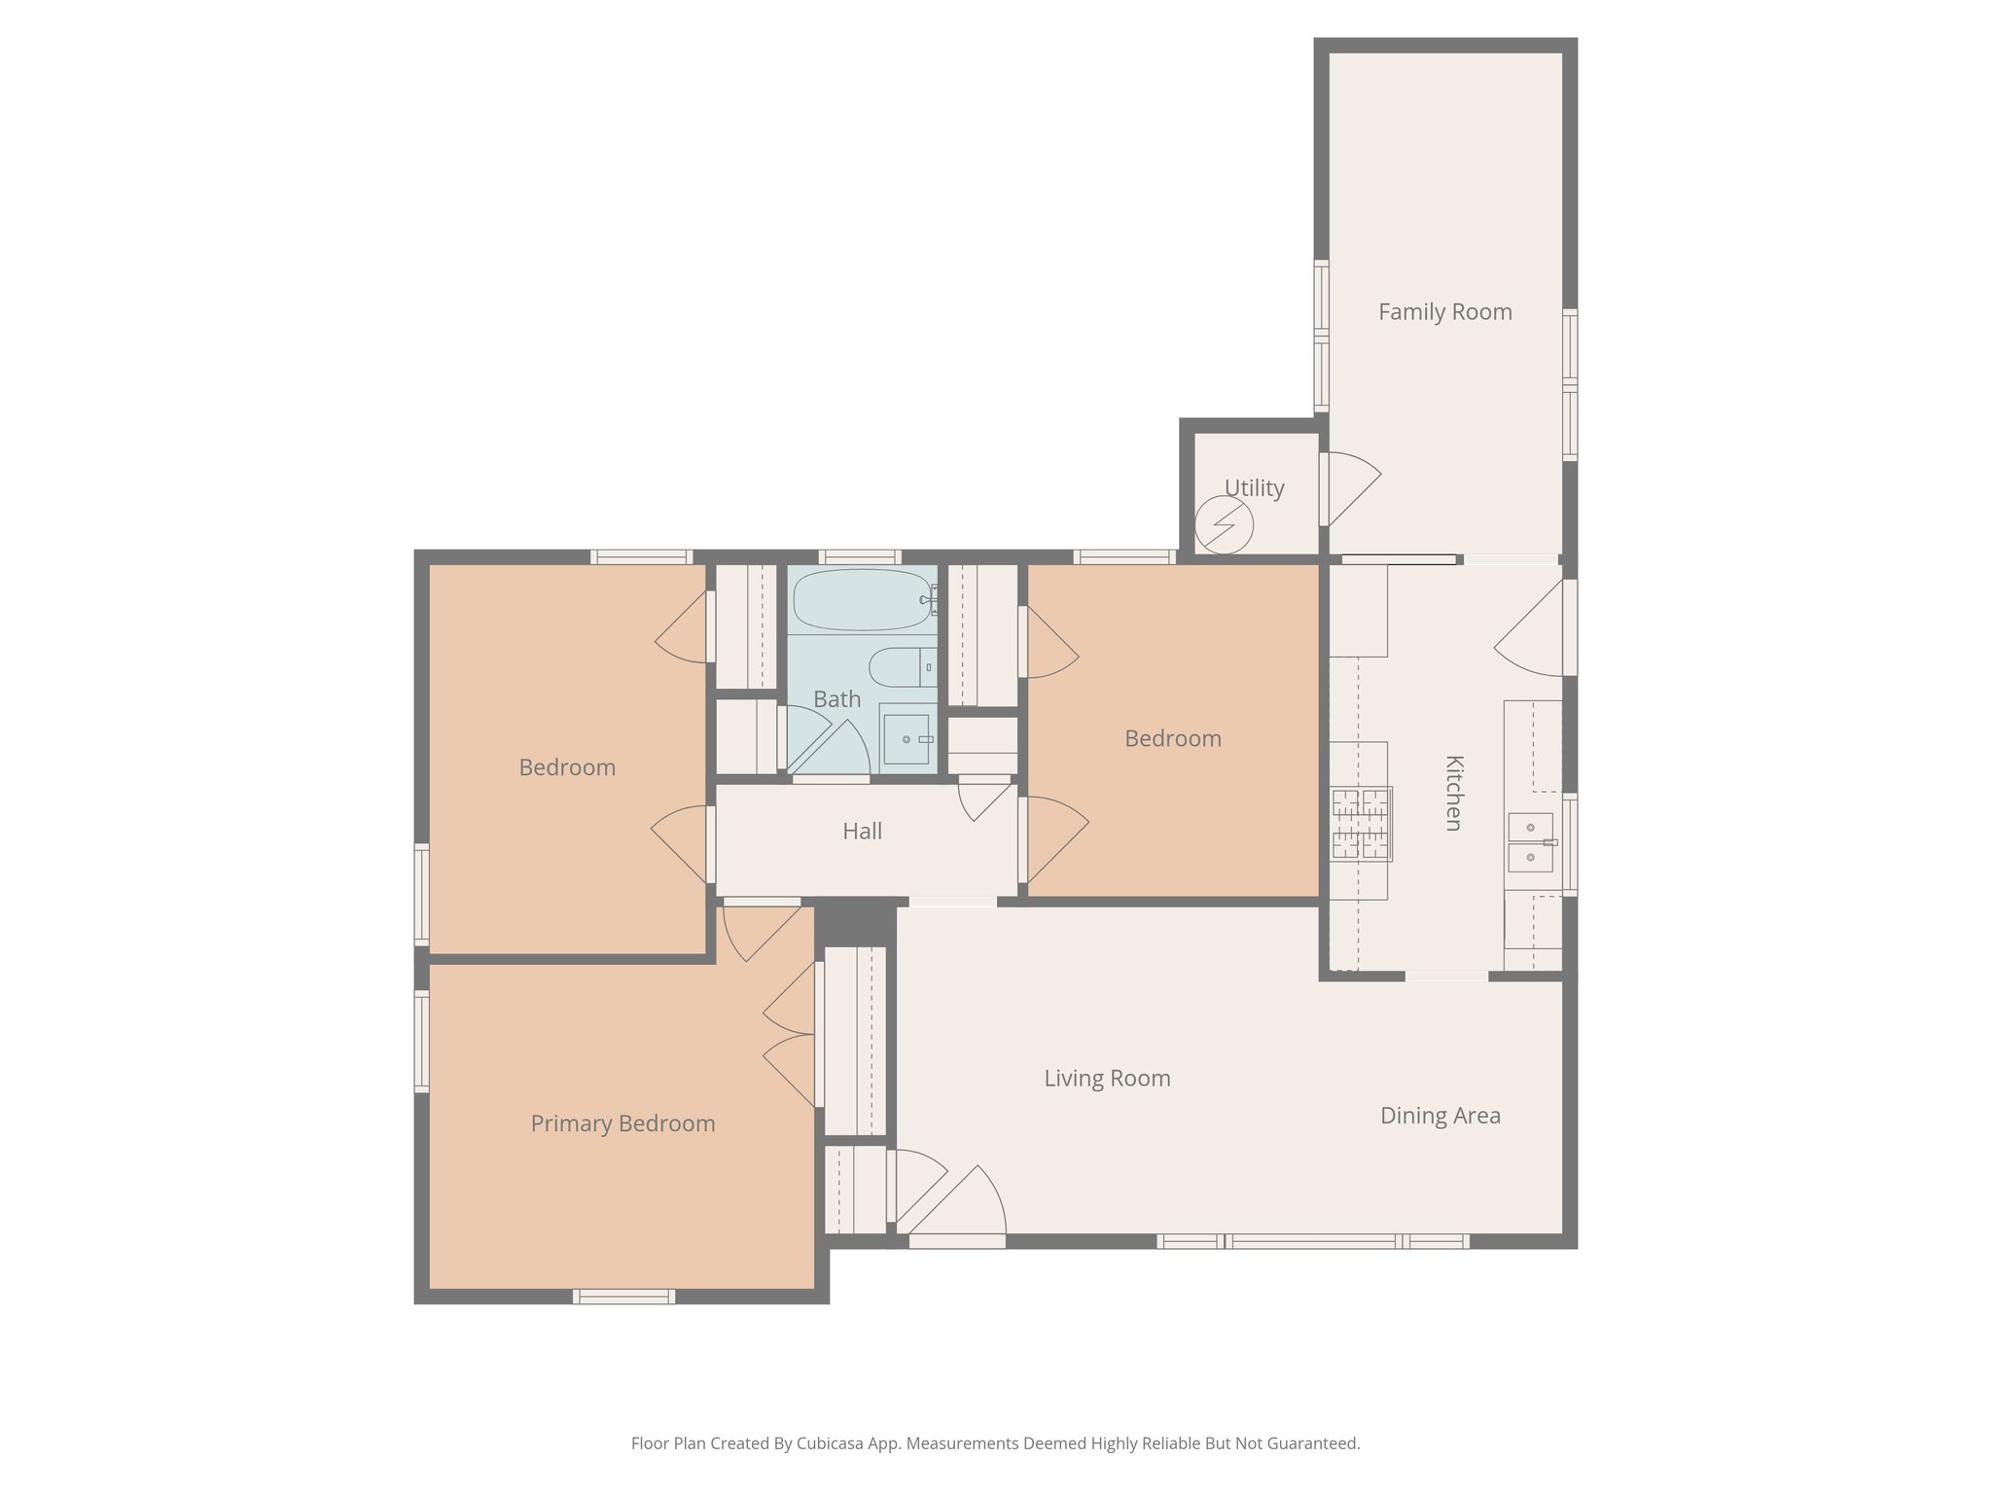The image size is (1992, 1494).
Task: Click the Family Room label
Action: [x=1444, y=312]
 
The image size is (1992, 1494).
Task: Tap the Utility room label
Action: [x=1254, y=488]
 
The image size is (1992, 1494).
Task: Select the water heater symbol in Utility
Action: [x=1224, y=525]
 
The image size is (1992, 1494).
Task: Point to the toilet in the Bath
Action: [x=900, y=667]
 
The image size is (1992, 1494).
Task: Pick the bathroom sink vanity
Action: [x=907, y=740]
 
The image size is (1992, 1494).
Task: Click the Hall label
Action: [x=862, y=832]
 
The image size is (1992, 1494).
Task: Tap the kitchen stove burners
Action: [x=1361, y=824]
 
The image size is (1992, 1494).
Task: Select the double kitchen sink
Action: [x=1531, y=842]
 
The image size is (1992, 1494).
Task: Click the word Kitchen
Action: [x=1453, y=793]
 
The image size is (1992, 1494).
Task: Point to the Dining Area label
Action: [x=1440, y=1116]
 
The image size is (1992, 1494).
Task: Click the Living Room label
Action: [x=1107, y=1079]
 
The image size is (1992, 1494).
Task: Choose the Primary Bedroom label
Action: [x=622, y=1124]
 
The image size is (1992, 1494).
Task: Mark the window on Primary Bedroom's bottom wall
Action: [x=623, y=1296]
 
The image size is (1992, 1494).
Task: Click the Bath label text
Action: [x=836, y=699]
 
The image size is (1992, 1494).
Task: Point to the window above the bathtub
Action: [x=859, y=557]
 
